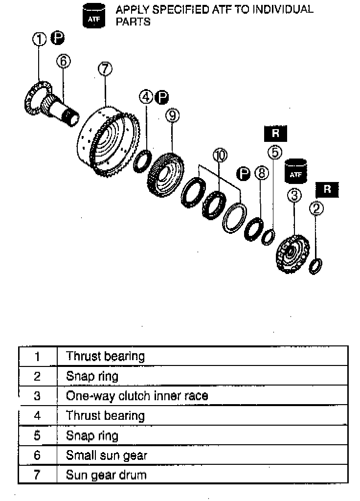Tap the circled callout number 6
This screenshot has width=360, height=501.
[x=64, y=61]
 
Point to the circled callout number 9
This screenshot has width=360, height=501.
[x=172, y=115]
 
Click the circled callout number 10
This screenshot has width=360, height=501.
[x=220, y=156]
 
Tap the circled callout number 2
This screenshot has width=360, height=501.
[x=317, y=209]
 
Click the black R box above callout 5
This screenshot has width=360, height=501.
[x=275, y=133]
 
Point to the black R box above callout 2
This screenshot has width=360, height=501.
[x=327, y=190]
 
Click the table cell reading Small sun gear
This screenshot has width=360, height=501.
[x=106, y=455]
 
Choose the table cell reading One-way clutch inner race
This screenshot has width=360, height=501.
[x=137, y=396]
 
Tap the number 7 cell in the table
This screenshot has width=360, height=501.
[x=37, y=475]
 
